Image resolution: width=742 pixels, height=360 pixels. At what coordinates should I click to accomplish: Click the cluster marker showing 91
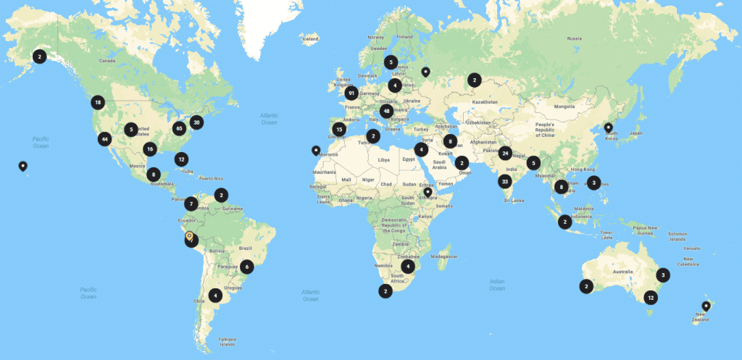coord(351,93)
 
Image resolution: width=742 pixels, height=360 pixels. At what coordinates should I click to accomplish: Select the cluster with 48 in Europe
coord(387,112)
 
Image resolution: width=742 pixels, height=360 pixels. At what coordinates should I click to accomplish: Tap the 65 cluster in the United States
coord(179,128)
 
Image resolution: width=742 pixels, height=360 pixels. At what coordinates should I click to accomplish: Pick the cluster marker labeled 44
coord(105,139)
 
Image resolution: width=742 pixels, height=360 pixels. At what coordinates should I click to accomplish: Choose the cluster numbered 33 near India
coord(505,181)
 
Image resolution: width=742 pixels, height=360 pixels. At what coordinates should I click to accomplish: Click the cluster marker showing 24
coord(505,153)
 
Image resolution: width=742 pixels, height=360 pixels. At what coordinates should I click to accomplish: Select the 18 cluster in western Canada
coord(98,103)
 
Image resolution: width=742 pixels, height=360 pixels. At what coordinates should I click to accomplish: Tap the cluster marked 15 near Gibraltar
coord(339,130)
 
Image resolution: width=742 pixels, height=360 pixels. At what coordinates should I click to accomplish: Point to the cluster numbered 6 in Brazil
coord(247,266)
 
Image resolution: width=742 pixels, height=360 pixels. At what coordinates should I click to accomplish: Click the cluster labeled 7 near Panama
coord(191,204)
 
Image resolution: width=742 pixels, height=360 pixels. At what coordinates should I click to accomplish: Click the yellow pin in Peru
coord(189,237)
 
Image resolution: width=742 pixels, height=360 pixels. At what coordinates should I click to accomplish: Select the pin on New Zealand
coord(706,306)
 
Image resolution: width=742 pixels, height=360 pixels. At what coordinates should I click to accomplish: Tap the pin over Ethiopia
coord(428,193)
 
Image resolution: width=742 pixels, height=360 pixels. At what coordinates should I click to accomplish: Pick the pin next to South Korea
coord(608,127)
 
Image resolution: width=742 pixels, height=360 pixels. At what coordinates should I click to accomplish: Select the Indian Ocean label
coord(496,284)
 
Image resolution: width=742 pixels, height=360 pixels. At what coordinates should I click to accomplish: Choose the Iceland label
coord(310,38)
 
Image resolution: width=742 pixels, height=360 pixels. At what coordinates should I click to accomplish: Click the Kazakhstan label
coord(483,103)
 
